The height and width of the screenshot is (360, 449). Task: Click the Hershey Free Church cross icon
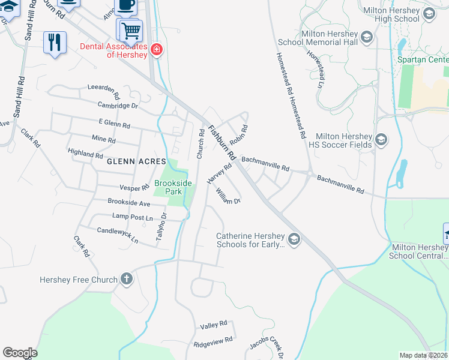pos(126,279)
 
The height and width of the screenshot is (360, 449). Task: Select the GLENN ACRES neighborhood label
pos(133,162)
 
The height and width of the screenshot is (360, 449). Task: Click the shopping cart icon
pos(130,29)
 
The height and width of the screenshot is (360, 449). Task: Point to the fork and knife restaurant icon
pos(55,42)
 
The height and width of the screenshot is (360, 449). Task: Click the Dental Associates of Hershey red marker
pos(157,49)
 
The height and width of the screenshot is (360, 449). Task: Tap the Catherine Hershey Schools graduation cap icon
pos(294,240)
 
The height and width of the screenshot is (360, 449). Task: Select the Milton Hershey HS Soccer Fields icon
pos(381,140)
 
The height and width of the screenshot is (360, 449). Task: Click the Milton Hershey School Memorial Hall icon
pos(366,39)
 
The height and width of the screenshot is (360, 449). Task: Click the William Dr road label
pos(228,196)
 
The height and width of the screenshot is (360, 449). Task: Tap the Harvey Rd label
pos(218,174)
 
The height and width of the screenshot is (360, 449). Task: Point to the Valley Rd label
pos(214,325)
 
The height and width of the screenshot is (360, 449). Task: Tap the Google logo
pos(20,353)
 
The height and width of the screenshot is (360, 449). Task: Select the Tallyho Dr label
pos(161,228)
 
